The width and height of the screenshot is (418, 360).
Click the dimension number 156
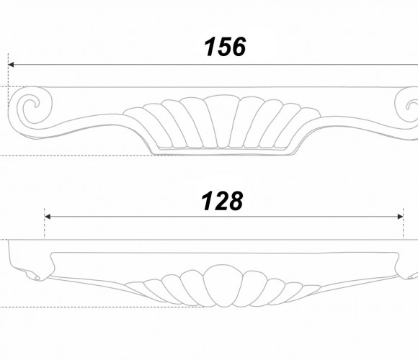[x=225, y=47]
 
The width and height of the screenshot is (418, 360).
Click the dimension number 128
[x=222, y=201]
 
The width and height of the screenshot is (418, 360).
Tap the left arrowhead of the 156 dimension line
[x=11, y=65]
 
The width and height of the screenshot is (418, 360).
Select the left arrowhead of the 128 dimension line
[x=48, y=217]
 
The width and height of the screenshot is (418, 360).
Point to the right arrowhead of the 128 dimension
[x=400, y=217]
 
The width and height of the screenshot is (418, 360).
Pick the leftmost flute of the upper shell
[x=141, y=125]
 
